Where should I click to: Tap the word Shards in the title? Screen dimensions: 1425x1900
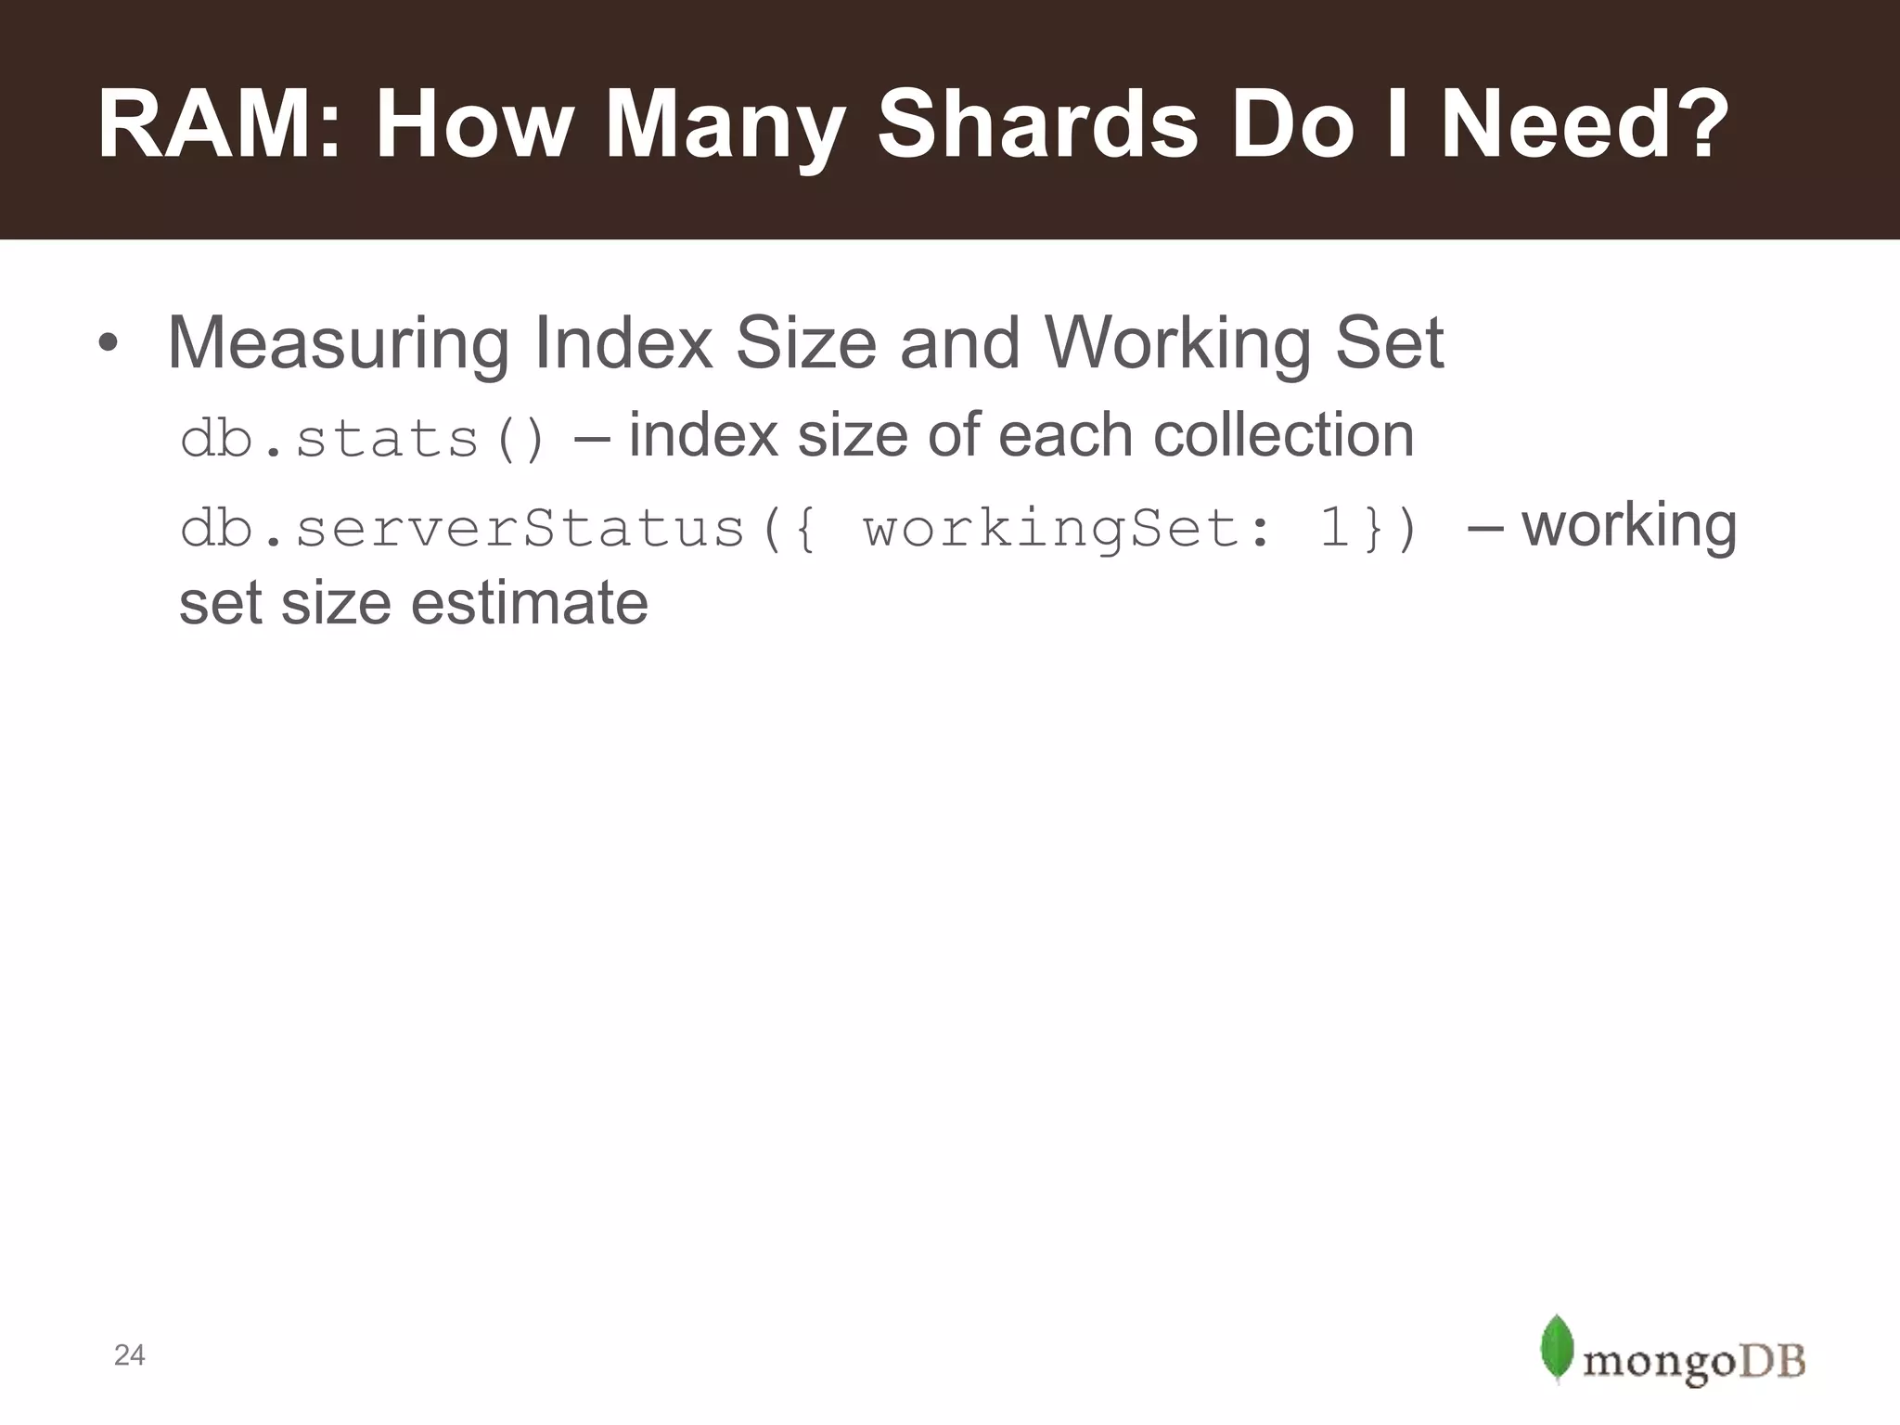(1037, 125)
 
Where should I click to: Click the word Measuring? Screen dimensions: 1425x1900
(338, 344)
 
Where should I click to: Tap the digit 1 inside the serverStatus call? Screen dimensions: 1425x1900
(1334, 529)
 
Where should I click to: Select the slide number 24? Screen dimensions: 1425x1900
(129, 1355)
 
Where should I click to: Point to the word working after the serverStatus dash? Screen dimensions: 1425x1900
(1629, 527)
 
